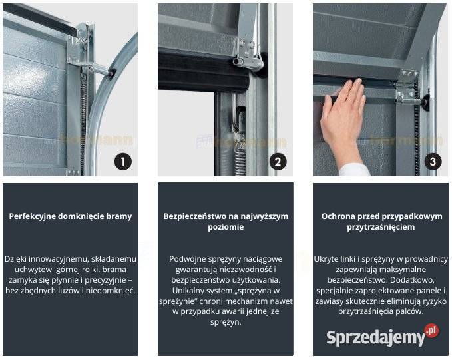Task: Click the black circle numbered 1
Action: pos(123,162)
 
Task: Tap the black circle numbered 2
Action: pos(278,162)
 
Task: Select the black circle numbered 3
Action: pos(433,162)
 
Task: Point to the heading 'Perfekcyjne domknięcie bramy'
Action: pos(71,216)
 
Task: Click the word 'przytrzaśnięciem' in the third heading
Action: pos(381,227)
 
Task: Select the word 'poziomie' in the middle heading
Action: pos(226,227)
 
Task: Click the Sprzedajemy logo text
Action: pos(376,338)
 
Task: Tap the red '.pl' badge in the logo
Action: pos(431,330)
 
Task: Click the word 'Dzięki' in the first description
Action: pos(15,259)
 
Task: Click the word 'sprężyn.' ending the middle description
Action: pos(226,322)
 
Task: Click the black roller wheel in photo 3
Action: pos(426,103)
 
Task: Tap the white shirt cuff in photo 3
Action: pos(354,170)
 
